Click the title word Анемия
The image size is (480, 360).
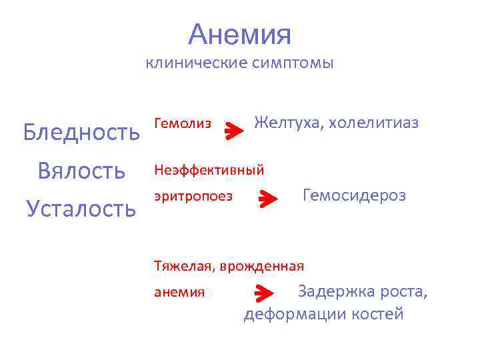(239, 34)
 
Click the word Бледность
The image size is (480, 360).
(81, 132)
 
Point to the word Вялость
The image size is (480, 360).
(81, 170)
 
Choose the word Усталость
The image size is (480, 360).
(81, 209)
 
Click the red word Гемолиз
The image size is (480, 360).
(182, 123)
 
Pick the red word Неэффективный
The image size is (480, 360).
(209, 170)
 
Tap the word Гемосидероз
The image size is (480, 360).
(354, 195)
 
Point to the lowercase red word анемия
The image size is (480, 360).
(179, 292)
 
